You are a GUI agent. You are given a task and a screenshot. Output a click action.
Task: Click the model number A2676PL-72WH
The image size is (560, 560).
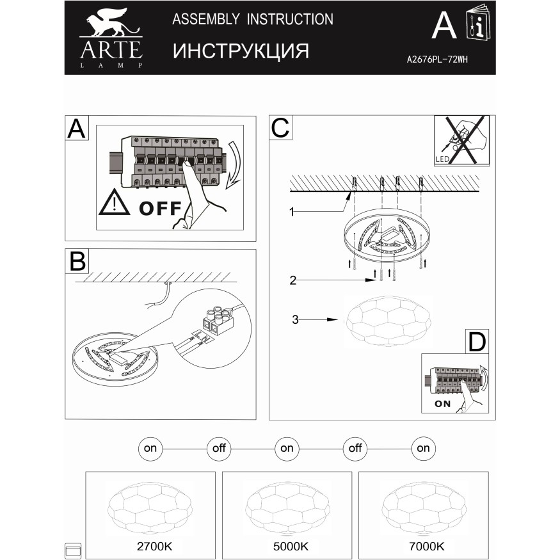(x=437, y=60)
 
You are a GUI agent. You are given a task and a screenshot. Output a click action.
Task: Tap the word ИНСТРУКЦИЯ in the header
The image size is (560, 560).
(x=241, y=51)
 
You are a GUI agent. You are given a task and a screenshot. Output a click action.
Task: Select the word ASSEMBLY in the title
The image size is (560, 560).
(x=206, y=19)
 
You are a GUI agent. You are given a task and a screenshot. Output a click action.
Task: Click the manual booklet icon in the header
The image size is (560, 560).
(x=478, y=22)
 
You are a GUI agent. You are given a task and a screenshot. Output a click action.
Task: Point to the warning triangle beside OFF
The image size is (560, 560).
(x=114, y=202)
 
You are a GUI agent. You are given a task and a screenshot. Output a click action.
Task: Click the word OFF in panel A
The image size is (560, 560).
(x=161, y=208)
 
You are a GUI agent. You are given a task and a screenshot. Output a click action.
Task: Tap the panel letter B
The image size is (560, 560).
(x=77, y=261)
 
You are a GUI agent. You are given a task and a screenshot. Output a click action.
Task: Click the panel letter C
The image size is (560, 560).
(x=280, y=128)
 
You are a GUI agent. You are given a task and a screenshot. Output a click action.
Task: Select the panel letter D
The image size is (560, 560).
(x=477, y=342)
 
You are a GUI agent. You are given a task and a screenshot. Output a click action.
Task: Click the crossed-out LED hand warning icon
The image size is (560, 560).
(x=461, y=140)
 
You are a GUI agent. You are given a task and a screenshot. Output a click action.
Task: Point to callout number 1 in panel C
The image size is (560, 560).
(x=292, y=212)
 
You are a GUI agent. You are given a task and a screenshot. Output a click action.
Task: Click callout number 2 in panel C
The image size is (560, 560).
(x=293, y=280)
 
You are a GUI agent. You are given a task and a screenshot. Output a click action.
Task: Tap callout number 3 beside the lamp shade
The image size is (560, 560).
(x=295, y=319)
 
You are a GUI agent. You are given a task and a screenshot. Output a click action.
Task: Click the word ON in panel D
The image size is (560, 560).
(x=442, y=404)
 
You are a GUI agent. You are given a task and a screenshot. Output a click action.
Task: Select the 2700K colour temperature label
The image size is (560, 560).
(x=155, y=546)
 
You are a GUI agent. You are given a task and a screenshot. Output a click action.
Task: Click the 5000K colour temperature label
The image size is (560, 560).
(x=291, y=546)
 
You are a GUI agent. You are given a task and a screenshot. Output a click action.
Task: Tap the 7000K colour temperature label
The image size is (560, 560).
(x=427, y=546)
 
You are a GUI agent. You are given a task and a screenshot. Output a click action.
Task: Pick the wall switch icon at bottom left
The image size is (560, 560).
(x=73, y=550)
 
